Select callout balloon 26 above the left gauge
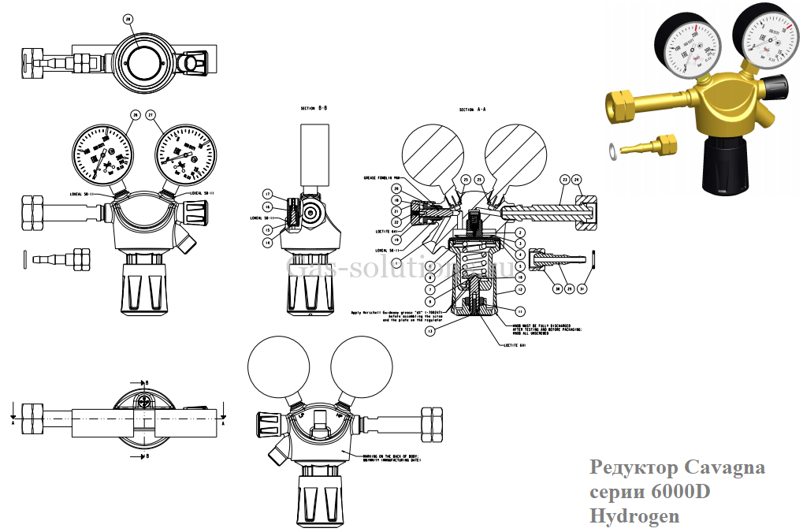coord(135,115)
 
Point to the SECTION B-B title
coord(314,108)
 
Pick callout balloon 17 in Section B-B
coord(267,194)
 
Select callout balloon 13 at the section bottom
coord(429,332)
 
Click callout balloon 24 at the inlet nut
coord(576,179)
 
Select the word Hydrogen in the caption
coord(634,516)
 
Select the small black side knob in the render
coord(779,86)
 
